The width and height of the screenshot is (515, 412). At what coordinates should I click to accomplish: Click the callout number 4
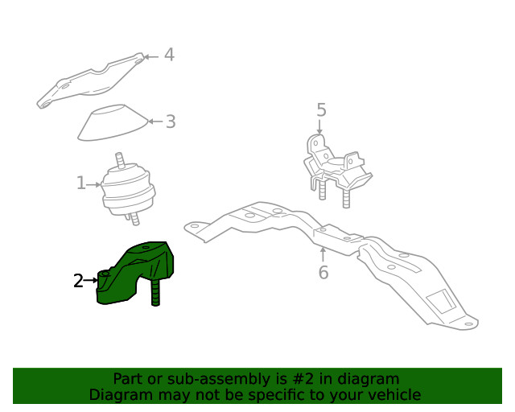(169, 55)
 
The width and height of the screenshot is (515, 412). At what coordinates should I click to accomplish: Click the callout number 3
(171, 122)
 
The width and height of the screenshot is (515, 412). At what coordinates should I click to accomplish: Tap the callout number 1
(80, 184)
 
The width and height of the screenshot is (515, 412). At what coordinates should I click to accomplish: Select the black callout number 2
(78, 281)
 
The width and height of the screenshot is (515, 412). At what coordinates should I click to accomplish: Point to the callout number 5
(320, 109)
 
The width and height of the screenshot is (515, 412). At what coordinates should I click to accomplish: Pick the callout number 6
(323, 273)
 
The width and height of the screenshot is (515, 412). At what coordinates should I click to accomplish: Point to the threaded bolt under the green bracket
(155, 293)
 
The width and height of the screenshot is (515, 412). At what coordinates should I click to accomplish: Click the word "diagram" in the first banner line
(369, 378)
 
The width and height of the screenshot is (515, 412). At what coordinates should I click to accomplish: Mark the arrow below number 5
(320, 126)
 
